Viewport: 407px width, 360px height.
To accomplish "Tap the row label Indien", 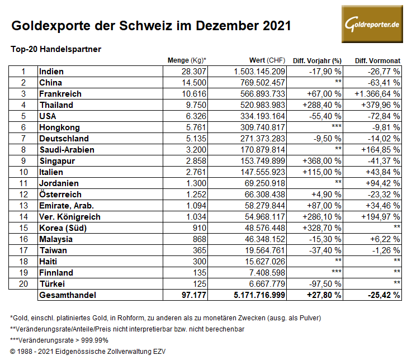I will [x=51, y=72].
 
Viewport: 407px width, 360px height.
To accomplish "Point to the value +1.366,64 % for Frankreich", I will [x=376, y=94].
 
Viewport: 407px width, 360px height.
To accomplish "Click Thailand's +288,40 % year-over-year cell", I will [x=321, y=105].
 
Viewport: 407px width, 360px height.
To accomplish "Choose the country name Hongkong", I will [x=60, y=127].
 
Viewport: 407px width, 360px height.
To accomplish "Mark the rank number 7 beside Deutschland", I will [x=23, y=139].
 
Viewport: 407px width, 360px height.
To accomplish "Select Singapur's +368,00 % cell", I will [x=321, y=161].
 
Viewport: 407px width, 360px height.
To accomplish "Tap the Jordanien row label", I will [x=59, y=183].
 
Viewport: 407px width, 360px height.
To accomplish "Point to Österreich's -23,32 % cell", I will [x=382, y=195].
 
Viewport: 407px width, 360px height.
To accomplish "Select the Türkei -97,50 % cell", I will [x=325, y=284].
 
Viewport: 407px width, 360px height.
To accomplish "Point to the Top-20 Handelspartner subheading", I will [x=56, y=49].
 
